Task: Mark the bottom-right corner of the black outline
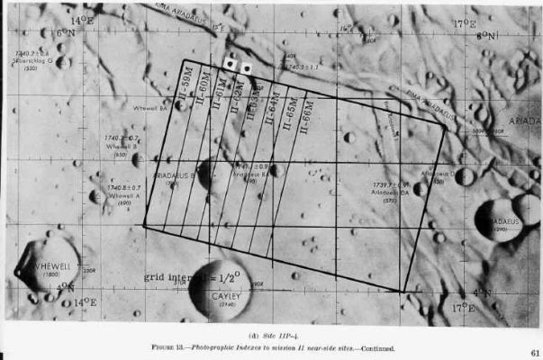coord(402,292)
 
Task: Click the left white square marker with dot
coord(231,65)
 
